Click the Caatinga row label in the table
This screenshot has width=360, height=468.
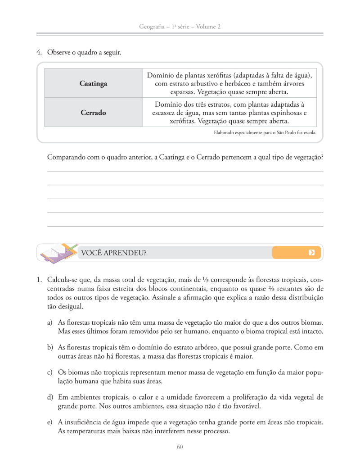click(93, 84)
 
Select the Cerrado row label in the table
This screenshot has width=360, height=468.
click(93, 113)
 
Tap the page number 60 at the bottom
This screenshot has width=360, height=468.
click(180, 447)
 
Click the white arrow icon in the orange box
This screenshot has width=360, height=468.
click(311, 252)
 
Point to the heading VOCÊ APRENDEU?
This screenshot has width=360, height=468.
click(113, 253)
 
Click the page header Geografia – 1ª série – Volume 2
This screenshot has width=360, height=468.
click(180, 27)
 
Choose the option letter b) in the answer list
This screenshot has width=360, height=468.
click(49, 348)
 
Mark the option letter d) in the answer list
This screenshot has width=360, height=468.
click(49, 397)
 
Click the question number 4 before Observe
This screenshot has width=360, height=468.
click(39, 53)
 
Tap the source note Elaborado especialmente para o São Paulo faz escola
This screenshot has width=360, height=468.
click(265, 133)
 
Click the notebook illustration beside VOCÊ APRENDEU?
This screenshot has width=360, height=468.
click(57, 253)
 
